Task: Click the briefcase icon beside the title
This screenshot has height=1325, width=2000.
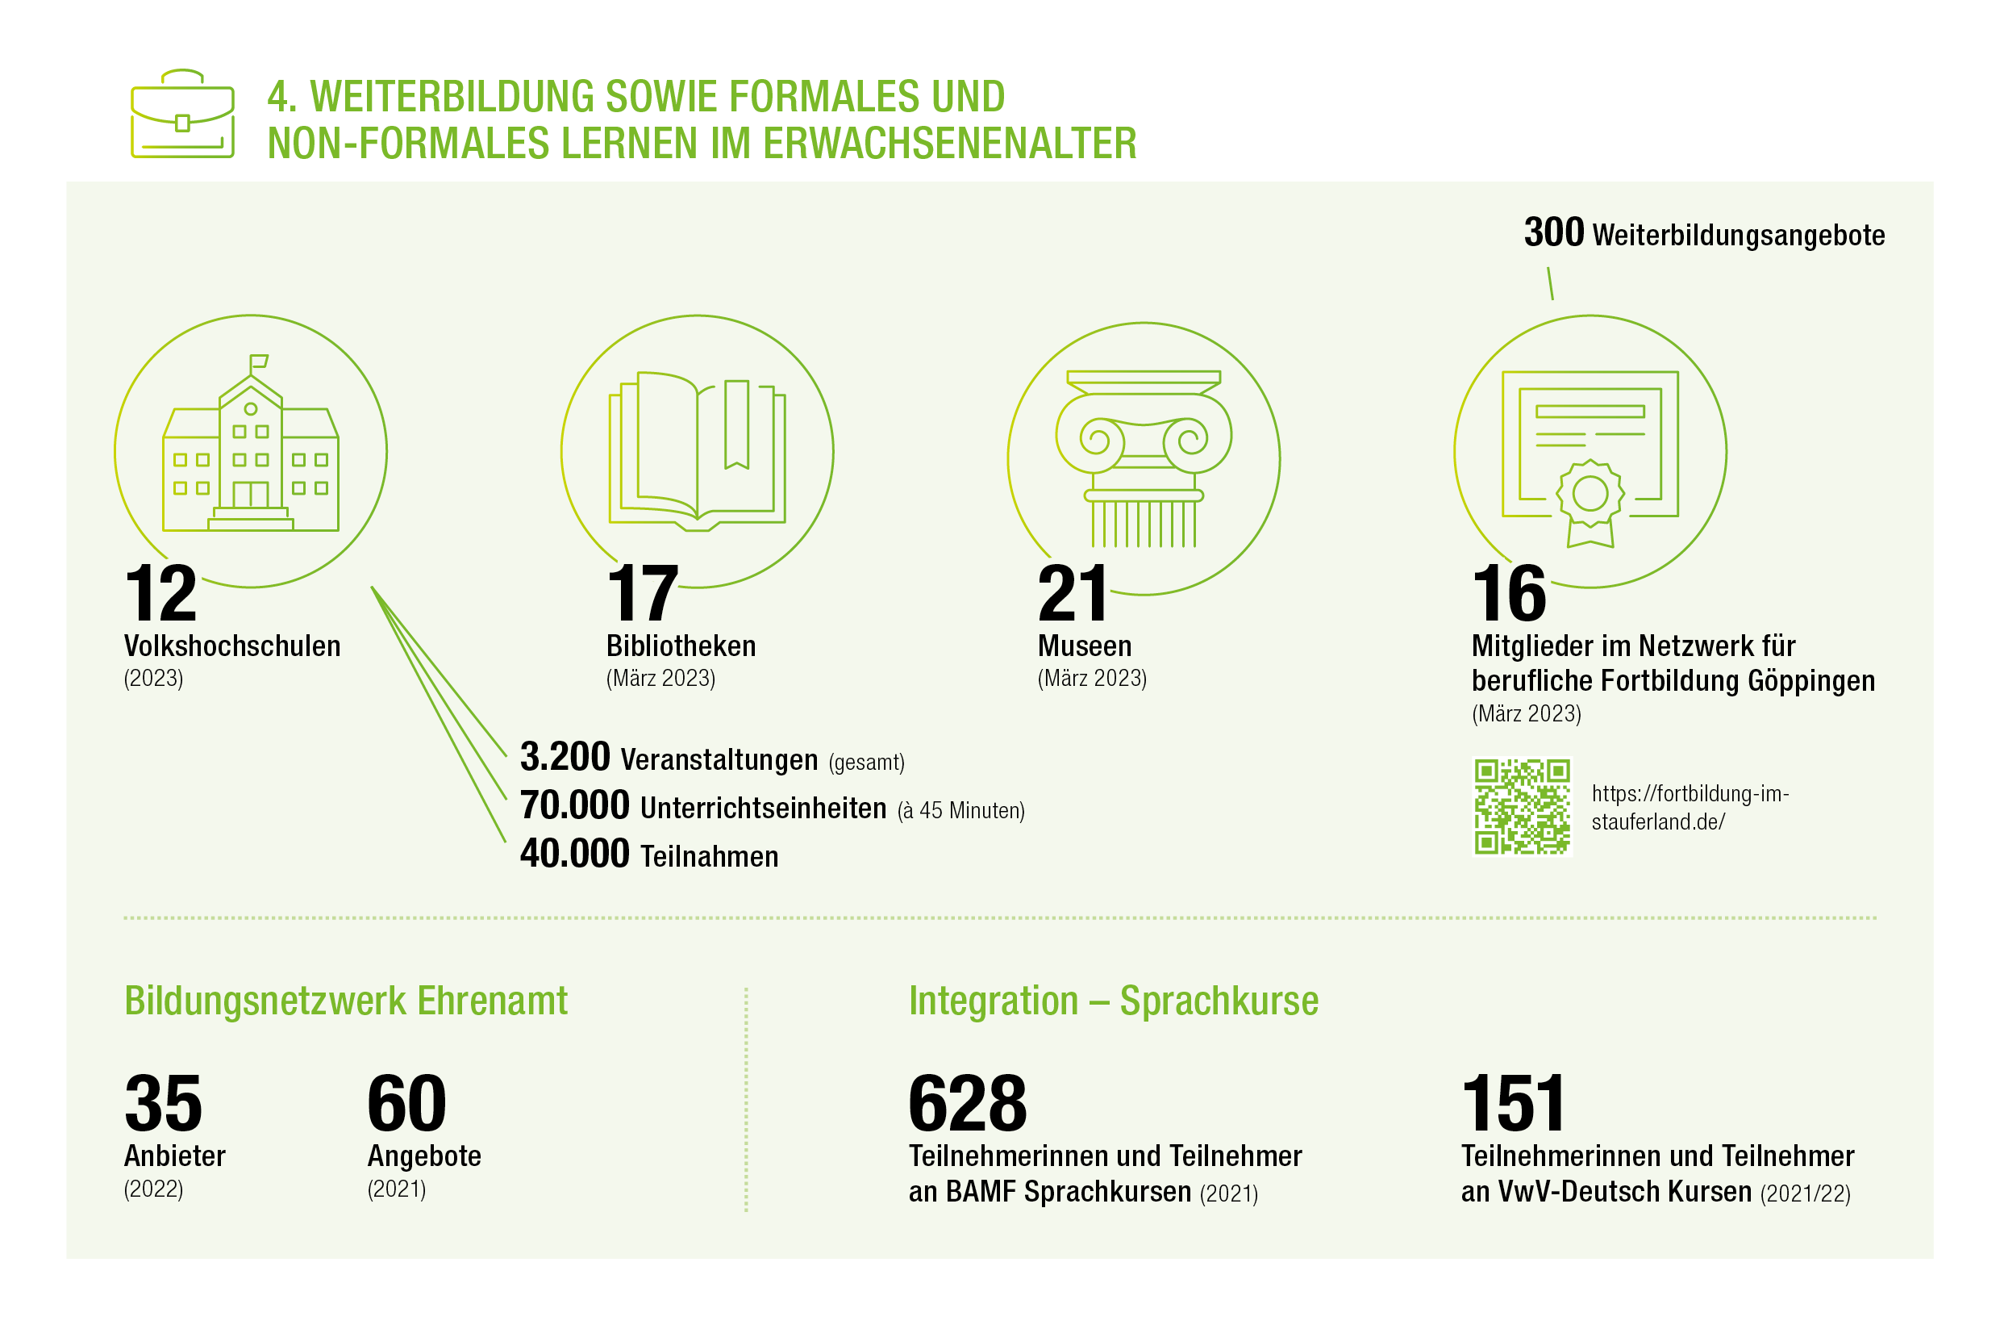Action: (182, 114)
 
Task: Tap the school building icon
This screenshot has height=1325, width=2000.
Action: (251, 443)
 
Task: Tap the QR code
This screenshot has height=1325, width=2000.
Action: (1522, 807)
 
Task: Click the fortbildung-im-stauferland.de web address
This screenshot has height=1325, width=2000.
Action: (1690, 807)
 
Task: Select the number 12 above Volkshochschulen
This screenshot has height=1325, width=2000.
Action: (160, 594)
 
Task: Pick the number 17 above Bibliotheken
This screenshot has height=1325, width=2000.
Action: (642, 594)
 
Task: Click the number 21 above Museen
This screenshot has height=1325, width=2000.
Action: (1072, 594)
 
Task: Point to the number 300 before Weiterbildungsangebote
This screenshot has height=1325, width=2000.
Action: (1553, 232)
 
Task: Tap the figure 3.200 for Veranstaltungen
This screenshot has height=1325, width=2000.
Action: (565, 756)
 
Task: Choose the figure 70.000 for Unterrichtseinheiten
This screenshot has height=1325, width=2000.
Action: (574, 805)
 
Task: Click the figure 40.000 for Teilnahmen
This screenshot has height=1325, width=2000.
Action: (574, 853)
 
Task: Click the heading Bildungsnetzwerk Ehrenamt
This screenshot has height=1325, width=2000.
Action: (346, 1001)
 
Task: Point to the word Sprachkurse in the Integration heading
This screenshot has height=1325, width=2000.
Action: (1219, 1001)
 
